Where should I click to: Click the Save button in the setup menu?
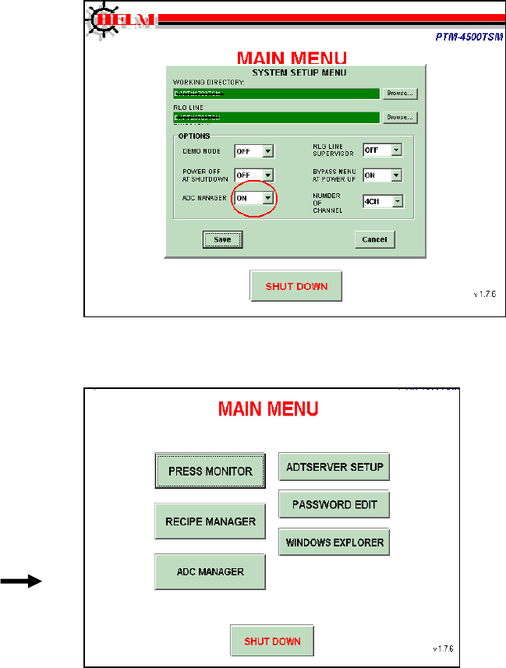pos(222,239)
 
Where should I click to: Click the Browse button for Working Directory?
pos(400,94)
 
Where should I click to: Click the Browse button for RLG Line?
pos(400,118)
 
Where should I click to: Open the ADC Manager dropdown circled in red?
pos(255,199)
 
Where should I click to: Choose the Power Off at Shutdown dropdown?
pos(255,175)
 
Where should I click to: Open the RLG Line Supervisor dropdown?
pos(383,150)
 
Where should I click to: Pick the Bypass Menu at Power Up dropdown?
pos(383,175)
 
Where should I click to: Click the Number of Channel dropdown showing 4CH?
pos(383,201)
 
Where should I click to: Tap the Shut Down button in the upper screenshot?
pos(296,286)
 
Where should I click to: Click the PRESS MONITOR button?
pos(211,471)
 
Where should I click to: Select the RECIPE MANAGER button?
pos(211,521)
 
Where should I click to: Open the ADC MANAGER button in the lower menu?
pos(211,571)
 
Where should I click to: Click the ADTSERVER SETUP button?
pos(334,468)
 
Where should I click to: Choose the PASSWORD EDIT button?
pos(334,504)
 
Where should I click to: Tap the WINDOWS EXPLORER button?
pos(334,541)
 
